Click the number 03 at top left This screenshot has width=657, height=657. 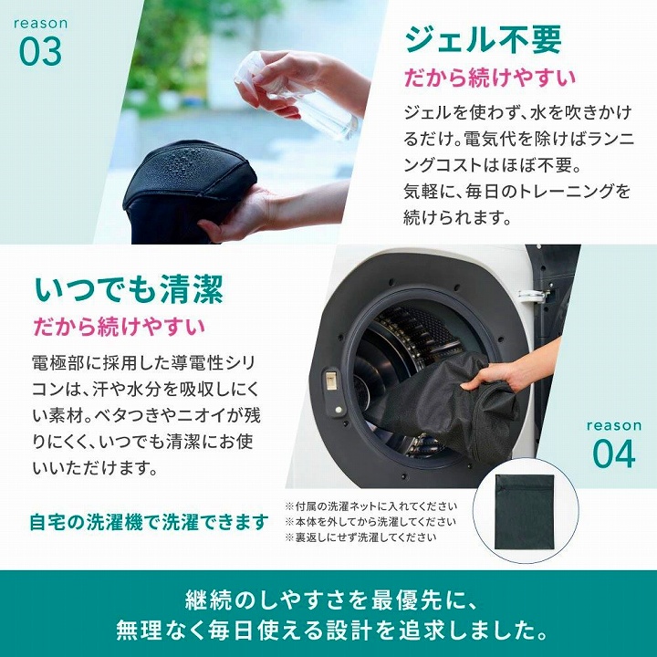pos(41,51)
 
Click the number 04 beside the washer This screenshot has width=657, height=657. pos(614,454)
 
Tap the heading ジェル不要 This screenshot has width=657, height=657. pos(483,39)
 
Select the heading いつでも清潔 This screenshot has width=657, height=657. pos(128,289)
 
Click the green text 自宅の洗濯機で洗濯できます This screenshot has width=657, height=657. pos(150,522)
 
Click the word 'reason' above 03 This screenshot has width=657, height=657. pos(41,21)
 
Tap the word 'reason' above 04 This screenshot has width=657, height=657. pos(614,425)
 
